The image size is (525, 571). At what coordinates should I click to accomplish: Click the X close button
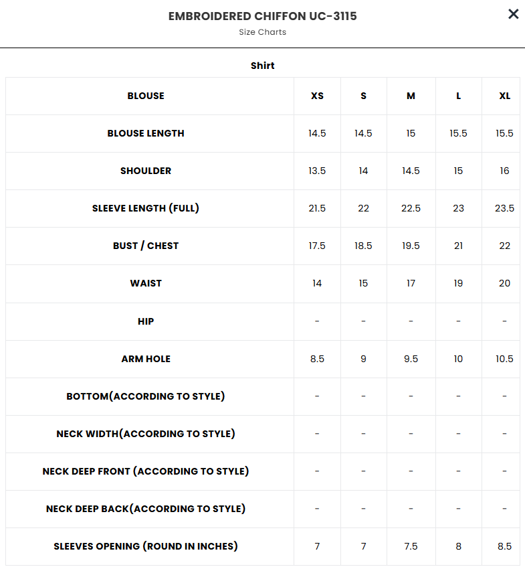pos(513,14)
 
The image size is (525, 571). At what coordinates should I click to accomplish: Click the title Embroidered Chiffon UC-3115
pos(262,16)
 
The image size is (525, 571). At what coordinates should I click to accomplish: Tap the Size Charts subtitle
pos(262,32)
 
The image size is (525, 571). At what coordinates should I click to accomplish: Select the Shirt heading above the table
pos(262,66)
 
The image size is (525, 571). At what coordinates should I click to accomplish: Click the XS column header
pos(317,96)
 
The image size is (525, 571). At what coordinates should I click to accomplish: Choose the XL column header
pos(504,96)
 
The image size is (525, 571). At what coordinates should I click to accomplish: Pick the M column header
pos(411,96)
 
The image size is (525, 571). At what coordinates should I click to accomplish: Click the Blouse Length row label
pos(146,133)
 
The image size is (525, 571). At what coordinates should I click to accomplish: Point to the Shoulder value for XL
pos(504,171)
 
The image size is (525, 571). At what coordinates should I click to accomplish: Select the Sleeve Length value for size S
pos(363,208)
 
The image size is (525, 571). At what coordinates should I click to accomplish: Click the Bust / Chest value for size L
pos(458,246)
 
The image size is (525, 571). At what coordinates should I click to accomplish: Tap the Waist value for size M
pos(411,283)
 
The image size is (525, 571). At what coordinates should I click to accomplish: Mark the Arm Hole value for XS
pos(317,359)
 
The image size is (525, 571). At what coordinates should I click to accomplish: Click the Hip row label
pos(146,321)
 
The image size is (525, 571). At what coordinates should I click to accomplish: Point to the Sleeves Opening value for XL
pos(504,546)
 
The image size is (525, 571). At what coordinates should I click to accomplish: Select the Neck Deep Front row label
pos(146,471)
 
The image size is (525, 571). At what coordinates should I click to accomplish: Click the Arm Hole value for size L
pos(458,359)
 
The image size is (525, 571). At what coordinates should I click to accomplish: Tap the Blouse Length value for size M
pos(411,133)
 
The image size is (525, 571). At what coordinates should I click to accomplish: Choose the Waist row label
pos(146,283)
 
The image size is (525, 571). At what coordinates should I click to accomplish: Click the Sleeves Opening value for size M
pos(411,546)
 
